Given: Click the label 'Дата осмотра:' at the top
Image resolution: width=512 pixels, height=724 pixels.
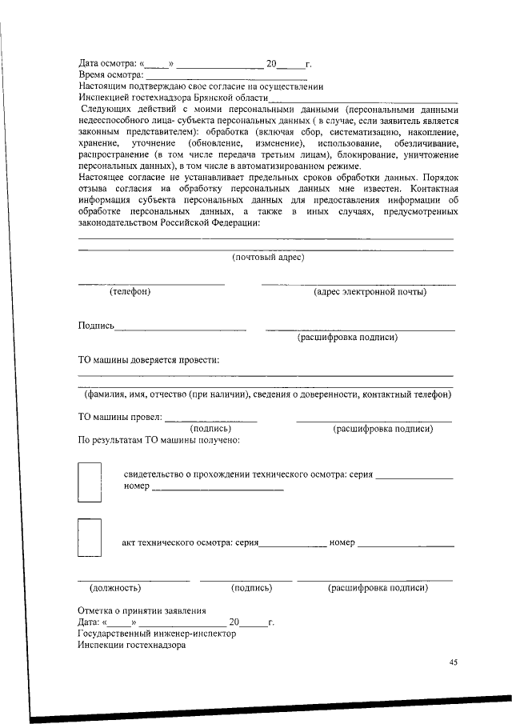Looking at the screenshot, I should point(107,63).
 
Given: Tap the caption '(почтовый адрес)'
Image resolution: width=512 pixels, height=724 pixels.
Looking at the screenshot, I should point(267,257).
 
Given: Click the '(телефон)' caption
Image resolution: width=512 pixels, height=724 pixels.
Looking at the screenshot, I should point(130,291).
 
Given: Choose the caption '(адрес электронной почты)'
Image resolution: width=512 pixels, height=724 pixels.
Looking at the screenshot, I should point(370,291).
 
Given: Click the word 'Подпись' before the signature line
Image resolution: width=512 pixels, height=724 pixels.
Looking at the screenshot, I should point(96,326).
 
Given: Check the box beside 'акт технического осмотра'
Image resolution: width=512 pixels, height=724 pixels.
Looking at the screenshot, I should point(89,537).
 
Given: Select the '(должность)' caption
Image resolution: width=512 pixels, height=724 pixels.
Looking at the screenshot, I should point(116,588).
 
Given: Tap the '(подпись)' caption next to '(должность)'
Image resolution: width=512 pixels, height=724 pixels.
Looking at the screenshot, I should point(251,588).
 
